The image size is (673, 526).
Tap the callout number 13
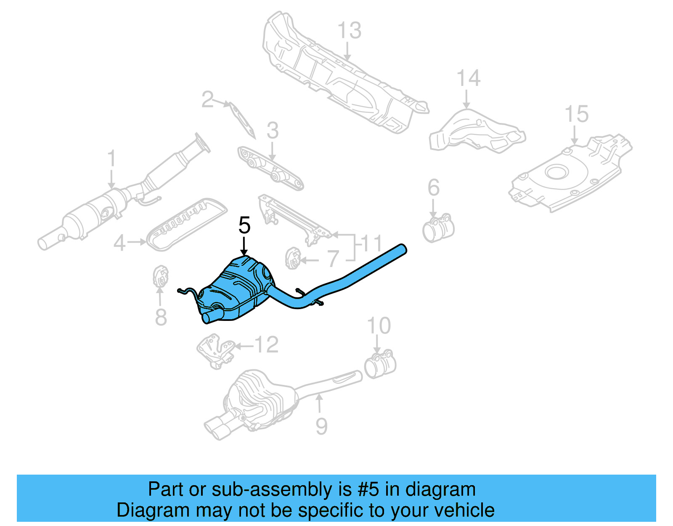tap(349, 31)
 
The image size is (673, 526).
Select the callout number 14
tap(468, 79)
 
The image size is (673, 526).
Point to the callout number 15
tap(576, 115)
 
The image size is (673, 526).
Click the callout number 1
tap(111, 159)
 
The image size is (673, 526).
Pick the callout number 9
tap(321, 427)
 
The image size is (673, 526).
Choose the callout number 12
tap(267, 345)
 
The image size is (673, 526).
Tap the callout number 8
tap(161, 317)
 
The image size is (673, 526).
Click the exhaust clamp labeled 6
tap(438, 229)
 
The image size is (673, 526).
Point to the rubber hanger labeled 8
tap(160, 276)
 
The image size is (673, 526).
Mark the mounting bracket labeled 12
tap(215, 350)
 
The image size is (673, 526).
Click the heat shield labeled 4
tap(185, 223)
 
